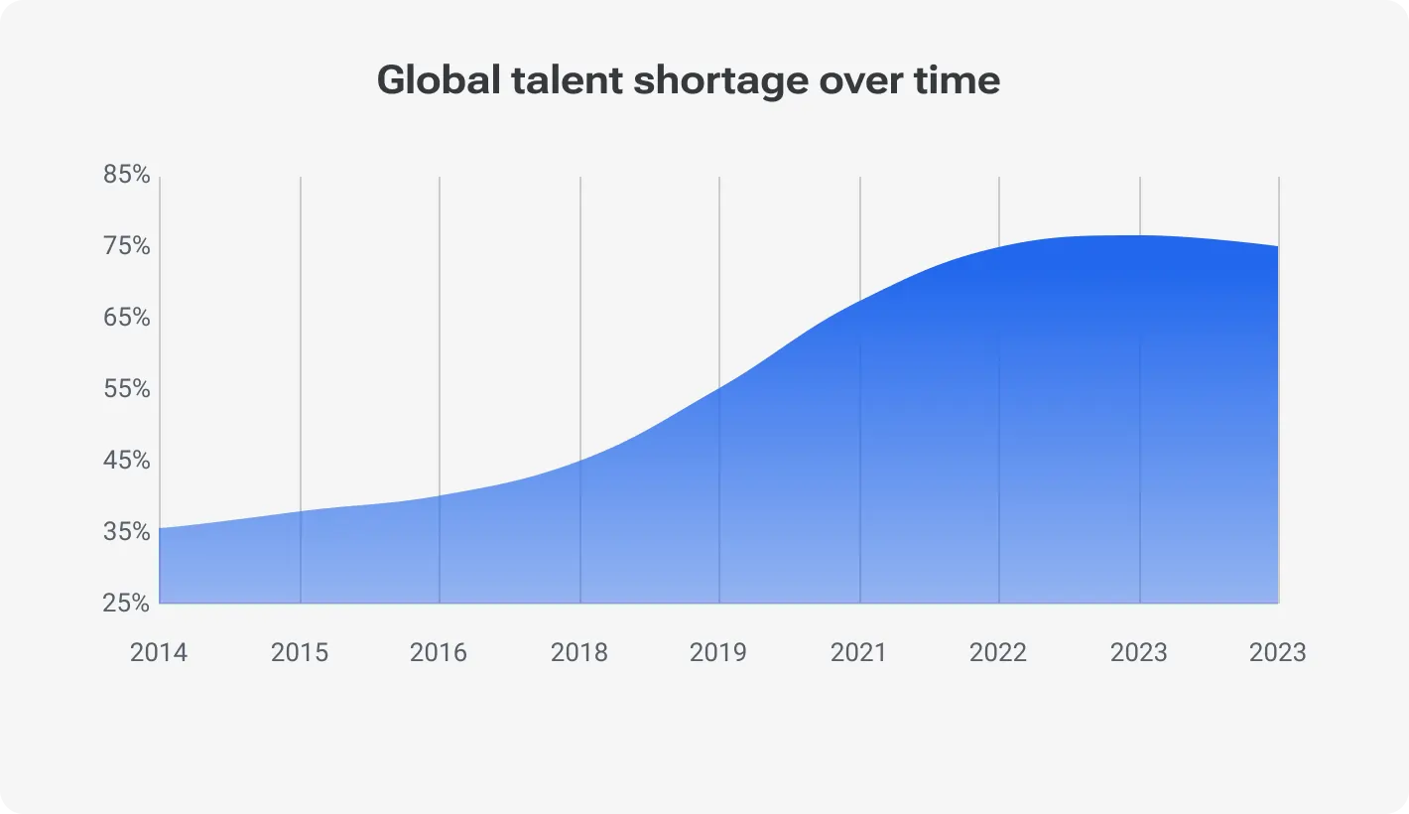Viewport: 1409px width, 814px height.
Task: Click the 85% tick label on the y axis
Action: (x=127, y=175)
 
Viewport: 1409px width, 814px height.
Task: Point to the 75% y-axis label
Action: (x=127, y=246)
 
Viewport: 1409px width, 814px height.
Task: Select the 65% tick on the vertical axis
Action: (x=127, y=318)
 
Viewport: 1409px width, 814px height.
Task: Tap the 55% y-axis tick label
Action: (x=127, y=389)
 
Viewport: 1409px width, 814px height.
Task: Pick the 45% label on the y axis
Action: (x=127, y=461)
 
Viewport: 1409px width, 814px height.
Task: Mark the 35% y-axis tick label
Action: (x=127, y=532)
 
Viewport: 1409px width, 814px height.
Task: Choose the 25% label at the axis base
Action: (x=127, y=604)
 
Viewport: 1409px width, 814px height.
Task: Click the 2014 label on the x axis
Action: (x=159, y=652)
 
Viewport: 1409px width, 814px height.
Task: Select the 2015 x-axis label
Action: (x=300, y=652)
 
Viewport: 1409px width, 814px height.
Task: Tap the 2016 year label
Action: (x=439, y=652)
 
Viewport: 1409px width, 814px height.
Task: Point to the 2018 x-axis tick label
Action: (x=579, y=652)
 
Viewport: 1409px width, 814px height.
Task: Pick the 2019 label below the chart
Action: (x=718, y=652)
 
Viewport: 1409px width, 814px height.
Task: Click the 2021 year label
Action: (x=859, y=652)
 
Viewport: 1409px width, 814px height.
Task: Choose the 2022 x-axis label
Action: (x=998, y=652)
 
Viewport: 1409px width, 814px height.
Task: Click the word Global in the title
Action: (x=439, y=80)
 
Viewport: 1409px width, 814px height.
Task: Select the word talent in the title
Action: (x=567, y=80)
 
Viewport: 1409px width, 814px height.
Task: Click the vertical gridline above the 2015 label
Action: (x=301, y=338)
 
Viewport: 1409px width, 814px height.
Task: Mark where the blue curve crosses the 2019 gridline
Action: (x=719, y=386)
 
